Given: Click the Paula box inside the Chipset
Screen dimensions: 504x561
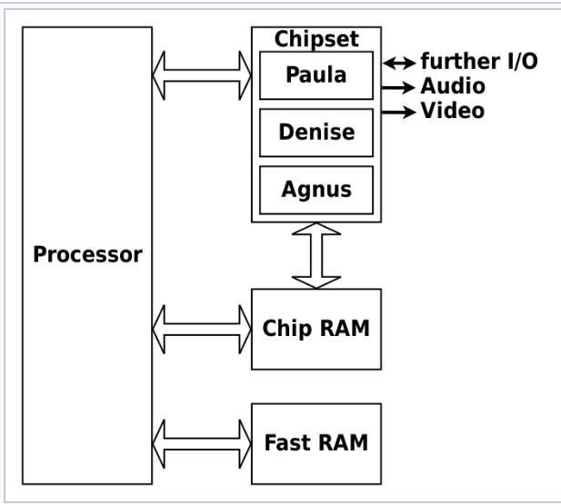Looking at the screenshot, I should [316, 75].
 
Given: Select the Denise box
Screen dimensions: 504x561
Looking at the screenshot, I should [316, 133].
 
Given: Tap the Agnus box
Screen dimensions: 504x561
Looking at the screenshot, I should [316, 191].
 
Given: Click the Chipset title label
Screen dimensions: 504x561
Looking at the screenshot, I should [316, 39].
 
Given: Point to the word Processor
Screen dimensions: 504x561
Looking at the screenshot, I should [87, 254].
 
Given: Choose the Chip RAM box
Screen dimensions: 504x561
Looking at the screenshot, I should [316, 328].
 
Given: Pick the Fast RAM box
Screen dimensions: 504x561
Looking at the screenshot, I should [316, 444].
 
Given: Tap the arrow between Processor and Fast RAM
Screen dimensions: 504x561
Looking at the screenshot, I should [202, 443].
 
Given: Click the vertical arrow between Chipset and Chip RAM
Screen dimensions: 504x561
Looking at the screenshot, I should [316, 255].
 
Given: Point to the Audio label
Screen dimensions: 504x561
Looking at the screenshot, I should [452, 87].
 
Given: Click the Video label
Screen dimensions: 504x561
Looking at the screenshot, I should [453, 111].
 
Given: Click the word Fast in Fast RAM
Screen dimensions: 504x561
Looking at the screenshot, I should [288, 445].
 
